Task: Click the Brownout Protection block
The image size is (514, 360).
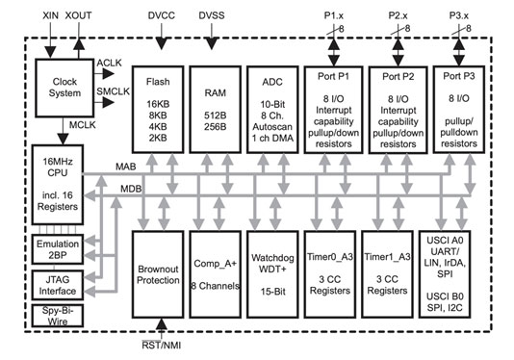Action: coord(158,273)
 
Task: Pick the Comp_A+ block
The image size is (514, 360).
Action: coord(214,273)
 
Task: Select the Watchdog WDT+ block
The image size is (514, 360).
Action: coord(270,273)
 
